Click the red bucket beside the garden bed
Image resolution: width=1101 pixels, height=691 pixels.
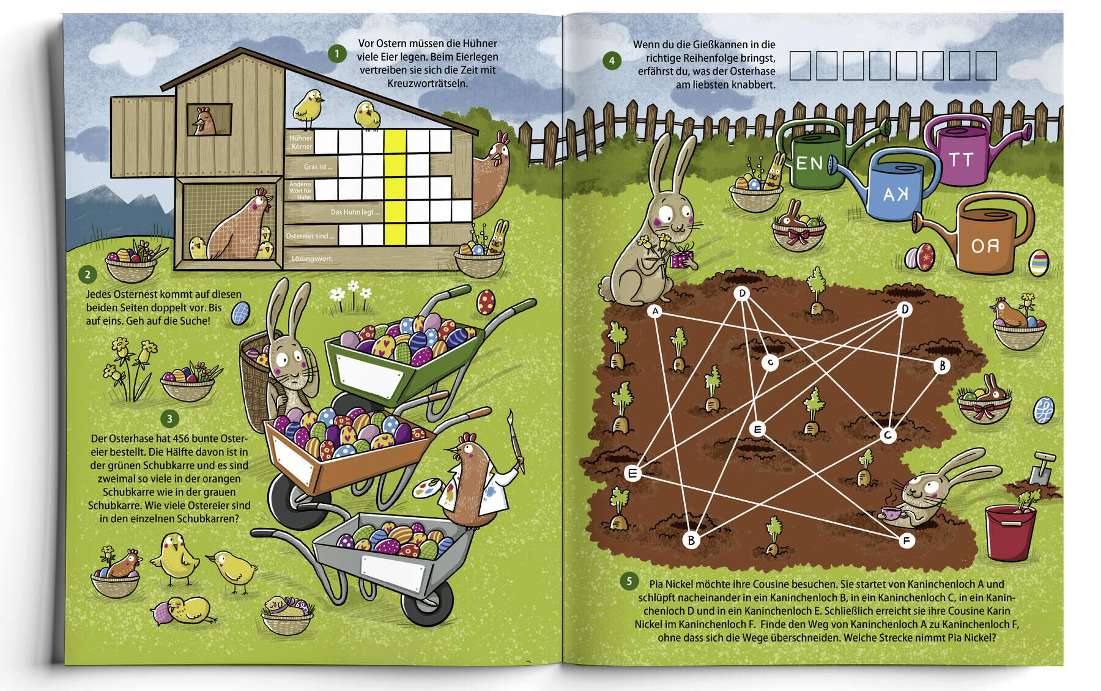click(1010, 532)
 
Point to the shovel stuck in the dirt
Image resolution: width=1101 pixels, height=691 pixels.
click(1040, 468)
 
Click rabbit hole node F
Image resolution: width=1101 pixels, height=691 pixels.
click(906, 541)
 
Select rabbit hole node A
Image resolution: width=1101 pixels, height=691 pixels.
click(655, 311)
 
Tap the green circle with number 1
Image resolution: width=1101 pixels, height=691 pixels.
click(336, 54)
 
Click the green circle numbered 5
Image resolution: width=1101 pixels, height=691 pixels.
click(628, 581)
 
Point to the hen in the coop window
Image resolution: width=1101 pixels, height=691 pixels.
click(204, 121)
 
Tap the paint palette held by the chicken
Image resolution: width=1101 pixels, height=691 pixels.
click(431, 489)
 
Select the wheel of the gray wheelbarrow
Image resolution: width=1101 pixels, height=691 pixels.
click(428, 603)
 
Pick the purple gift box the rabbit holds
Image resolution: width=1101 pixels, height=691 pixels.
click(682, 259)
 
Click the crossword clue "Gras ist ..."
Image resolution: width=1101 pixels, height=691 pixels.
click(318, 167)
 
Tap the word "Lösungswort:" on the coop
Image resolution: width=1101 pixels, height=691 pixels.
click(312, 259)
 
